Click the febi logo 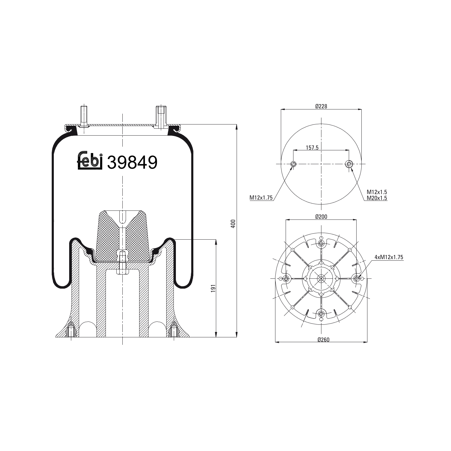90,160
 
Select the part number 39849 132,163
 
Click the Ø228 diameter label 321,106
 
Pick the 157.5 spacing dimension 312,148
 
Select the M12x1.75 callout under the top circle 261,198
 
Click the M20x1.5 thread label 377,198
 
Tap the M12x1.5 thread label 377,192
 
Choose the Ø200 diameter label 321,216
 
